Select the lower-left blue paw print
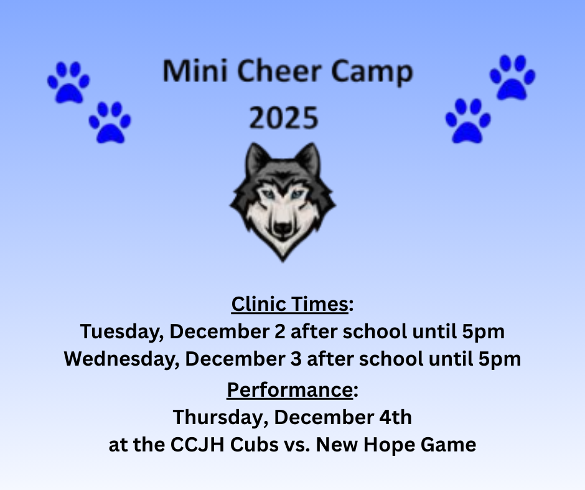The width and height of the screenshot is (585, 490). [110, 122]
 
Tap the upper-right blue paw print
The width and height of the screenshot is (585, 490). [512, 77]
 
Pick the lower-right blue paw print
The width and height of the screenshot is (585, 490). [467, 121]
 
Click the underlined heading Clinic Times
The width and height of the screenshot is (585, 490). [289, 305]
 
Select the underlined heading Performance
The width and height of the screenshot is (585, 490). [289, 390]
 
